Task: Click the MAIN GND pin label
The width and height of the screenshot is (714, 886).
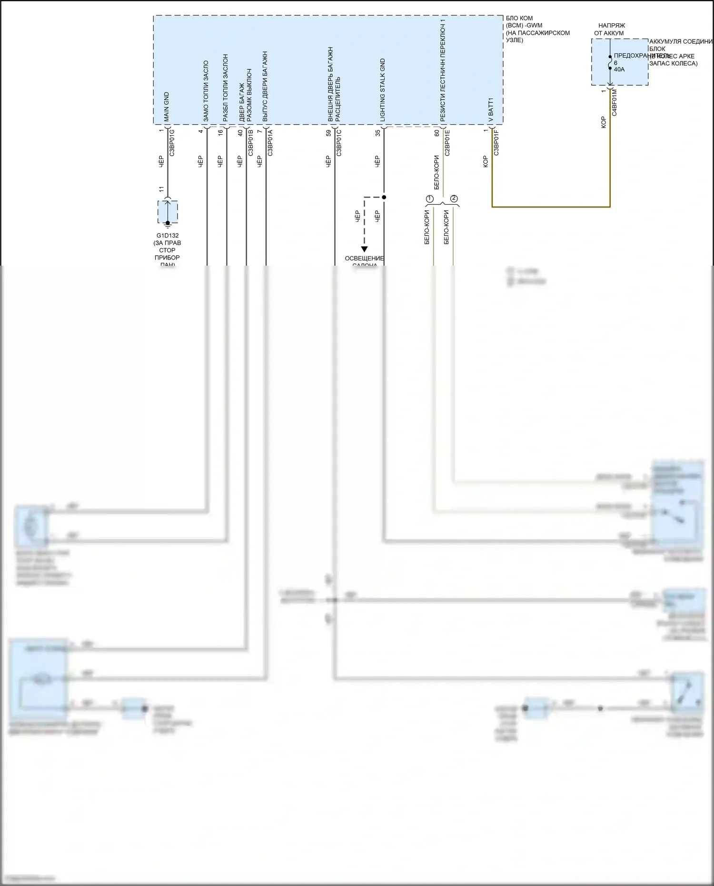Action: pyautogui.click(x=167, y=106)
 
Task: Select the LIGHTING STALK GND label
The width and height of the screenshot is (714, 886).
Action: pyautogui.click(x=383, y=90)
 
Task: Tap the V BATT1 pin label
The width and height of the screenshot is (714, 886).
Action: pyautogui.click(x=491, y=110)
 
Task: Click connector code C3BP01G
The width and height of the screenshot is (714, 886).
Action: pyautogui.click(x=172, y=143)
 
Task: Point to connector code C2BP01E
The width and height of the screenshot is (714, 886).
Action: pyautogui.click(x=447, y=143)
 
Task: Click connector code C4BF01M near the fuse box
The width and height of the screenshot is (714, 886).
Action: pyautogui.click(x=614, y=102)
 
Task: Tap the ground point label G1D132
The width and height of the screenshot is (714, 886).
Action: pyautogui.click(x=168, y=235)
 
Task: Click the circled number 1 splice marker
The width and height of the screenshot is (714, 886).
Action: pyautogui.click(x=429, y=198)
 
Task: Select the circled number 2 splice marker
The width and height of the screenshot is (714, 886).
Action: pyautogui.click(x=454, y=198)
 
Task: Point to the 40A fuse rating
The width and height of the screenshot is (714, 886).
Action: pyautogui.click(x=619, y=70)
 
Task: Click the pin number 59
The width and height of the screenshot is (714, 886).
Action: pyautogui.click(x=328, y=133)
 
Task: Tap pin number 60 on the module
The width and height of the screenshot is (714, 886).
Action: pyautogui.click(x=437, y=133)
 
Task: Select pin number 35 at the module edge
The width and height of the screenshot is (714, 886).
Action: pyautogui.click(x=378, y=133)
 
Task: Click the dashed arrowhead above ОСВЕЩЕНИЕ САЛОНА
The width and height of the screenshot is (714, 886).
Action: pyautogui.click(x=364, y=249)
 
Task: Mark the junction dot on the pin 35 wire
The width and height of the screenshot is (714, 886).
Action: pyautogui.click(x=384, y=197)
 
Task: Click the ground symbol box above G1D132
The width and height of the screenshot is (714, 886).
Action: pyautogui.click(x=168, y=212)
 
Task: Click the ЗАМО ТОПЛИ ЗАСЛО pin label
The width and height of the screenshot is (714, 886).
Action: pyautogui.click(x=206, y=90)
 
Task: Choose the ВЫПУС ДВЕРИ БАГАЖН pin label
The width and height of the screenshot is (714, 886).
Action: pyautogui.click(x=265, y=86)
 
